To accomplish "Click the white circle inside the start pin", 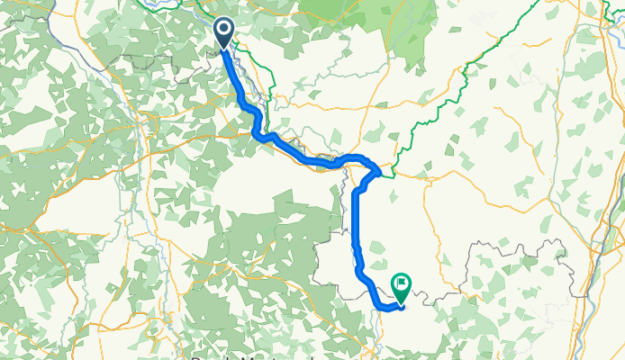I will (x=223, y=30).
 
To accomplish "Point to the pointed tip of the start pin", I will (x=223, y=49).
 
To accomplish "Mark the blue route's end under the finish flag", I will (x=401, y=306).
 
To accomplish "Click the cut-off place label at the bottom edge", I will (x=243, y=356).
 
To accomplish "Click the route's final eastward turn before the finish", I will (x=383, y=307).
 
